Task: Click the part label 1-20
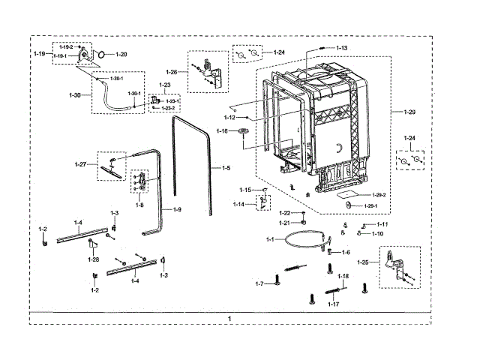(121, 54)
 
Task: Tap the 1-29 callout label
(409, 112)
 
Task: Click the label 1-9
(177, 208)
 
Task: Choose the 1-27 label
(81, 164)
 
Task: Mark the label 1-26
(172, 72)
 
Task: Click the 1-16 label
(222, 131)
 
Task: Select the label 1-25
(364, 262)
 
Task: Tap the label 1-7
(259, 283)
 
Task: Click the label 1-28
(93, 259)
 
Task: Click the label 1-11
(382, 224)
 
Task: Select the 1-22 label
(285, 214)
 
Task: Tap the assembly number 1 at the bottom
(229, 319)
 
